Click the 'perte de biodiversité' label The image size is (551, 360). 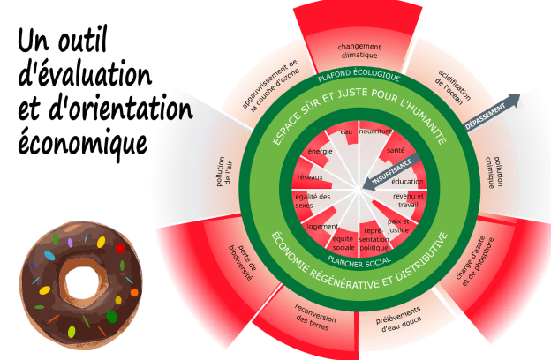(240, 260)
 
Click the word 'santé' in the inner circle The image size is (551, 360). (396, 151)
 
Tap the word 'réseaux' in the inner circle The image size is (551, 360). (309, 177)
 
